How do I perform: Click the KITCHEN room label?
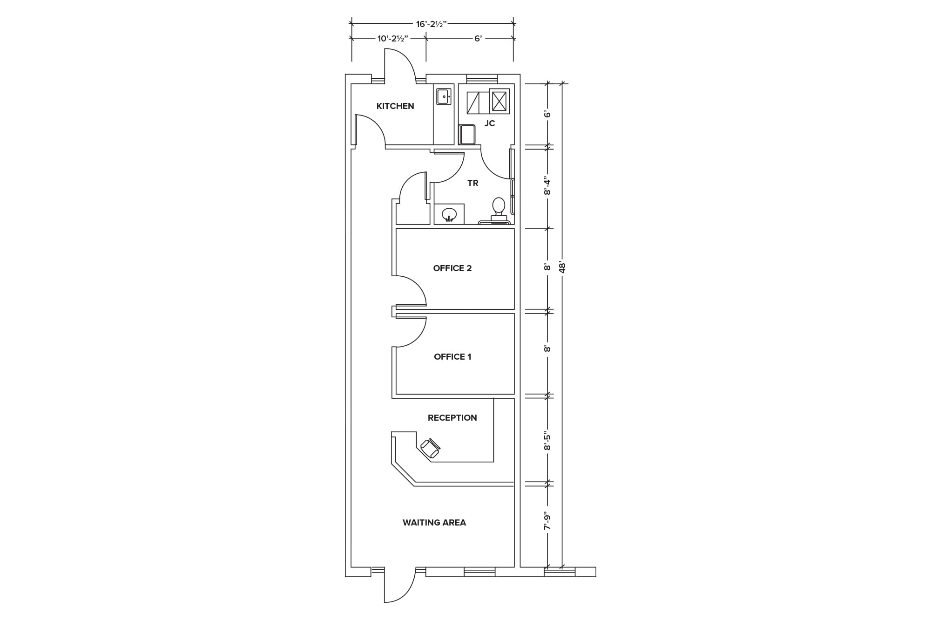tap(395, 106)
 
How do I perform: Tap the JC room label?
tap(490, 123)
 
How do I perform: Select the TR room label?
tap(473, 183)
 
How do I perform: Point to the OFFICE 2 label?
tap(452, 268)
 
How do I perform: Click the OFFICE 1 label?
tap(452, 357)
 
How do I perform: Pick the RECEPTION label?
tap(452, 418)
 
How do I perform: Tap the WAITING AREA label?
tap(434, 523)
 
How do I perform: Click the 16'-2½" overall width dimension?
tap(431, 24)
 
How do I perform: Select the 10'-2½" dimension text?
tap(392, 39)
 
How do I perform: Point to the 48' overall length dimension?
tap(562, 268)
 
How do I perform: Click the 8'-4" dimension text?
tap(548, 187)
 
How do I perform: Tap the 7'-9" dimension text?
tap(548, 521)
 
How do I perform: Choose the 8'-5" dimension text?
tap(548, 442)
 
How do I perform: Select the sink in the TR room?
tap(449, 215)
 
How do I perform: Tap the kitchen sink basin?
tap(444, 97)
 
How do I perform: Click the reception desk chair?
tap(431, 448)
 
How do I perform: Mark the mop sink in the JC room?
tap(467, 135)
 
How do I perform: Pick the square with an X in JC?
tap(499, 101)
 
